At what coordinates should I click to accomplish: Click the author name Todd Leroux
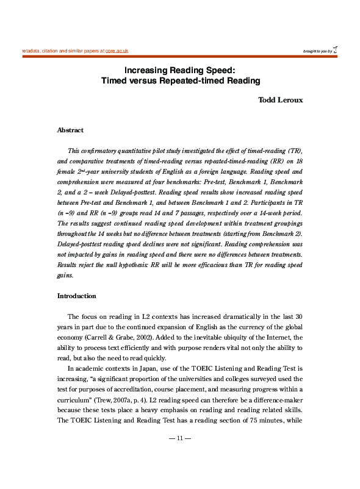[280, 101]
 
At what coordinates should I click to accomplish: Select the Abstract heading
[70, 130]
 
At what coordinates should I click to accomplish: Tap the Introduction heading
[76, 296]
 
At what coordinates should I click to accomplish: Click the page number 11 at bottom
[180, 438]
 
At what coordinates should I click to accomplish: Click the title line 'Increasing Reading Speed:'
[180, 70]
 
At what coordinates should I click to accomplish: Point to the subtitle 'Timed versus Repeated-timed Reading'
[180, 80]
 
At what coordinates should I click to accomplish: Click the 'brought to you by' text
[317, 52]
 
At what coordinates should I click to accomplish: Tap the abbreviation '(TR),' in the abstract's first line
[292, 150]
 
